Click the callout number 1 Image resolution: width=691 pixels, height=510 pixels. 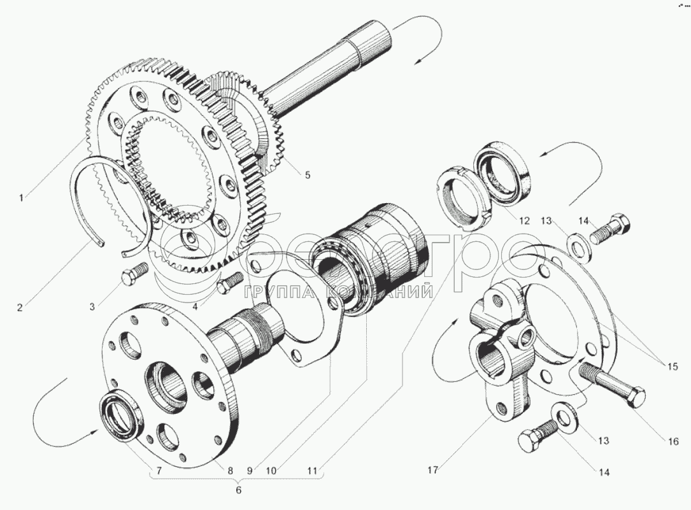click(21, 198)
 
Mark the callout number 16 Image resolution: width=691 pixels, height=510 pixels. click(674, 441)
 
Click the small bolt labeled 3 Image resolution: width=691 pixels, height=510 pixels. click(132, 276)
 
